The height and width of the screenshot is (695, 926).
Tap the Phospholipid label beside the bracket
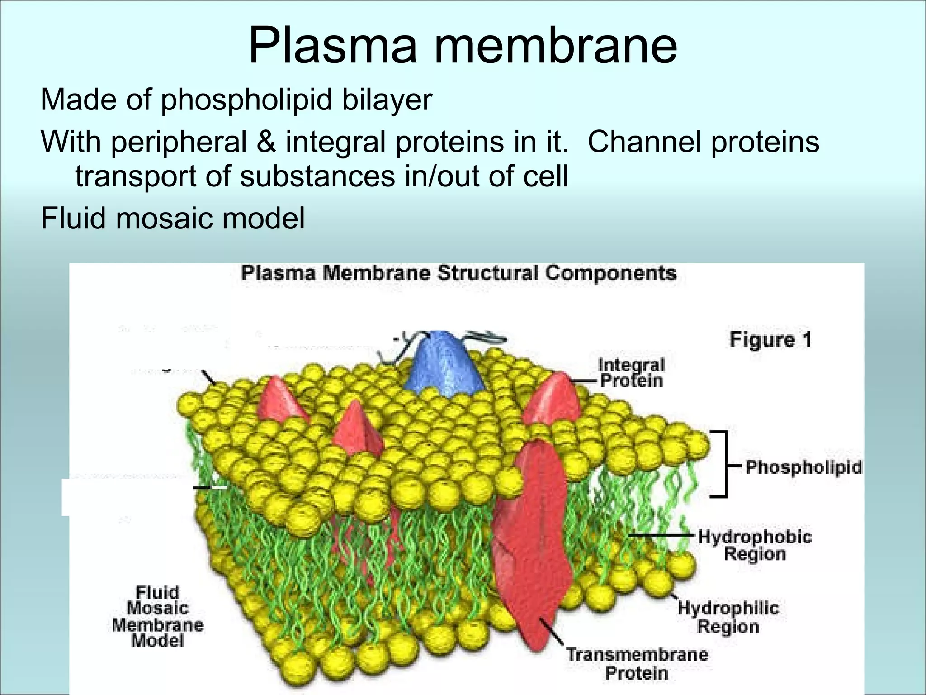coord(803,467)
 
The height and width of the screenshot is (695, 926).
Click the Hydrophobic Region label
coord(755,545)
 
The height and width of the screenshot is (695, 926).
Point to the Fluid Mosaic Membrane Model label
coord(158,616)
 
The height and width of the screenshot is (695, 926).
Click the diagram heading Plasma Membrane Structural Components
coord(458,273)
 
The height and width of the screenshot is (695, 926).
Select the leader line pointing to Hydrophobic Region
coord(660,535)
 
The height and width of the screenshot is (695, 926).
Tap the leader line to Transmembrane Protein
coord(552,631)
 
